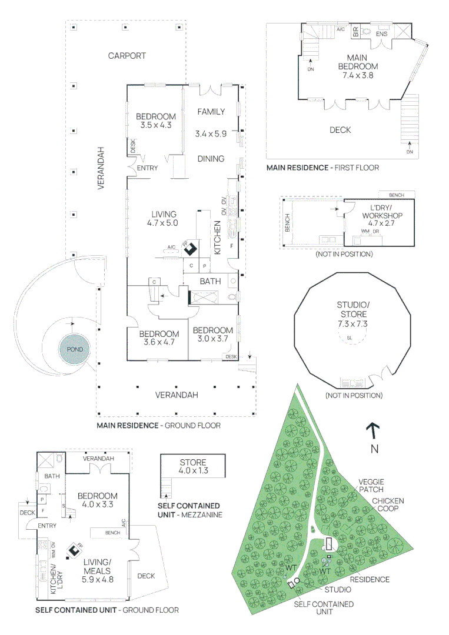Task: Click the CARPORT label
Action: coord(127,56)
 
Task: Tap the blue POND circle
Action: coord(75,349)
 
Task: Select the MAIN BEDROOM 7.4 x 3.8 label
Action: coord(357,66)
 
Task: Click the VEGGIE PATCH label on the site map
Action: coord(371,486)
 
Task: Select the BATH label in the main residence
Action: coord(210,282)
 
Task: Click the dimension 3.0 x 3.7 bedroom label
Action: coord(212,335)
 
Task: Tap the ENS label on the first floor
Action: coord(381,34)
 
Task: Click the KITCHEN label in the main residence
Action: coord(217,238)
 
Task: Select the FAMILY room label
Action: coord(211,112)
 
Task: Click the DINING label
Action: coord(211,159)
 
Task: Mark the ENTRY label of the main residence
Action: coord(147,168)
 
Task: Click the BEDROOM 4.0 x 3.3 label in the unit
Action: coord(97,500)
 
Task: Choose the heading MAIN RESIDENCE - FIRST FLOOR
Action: coord(322,168)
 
